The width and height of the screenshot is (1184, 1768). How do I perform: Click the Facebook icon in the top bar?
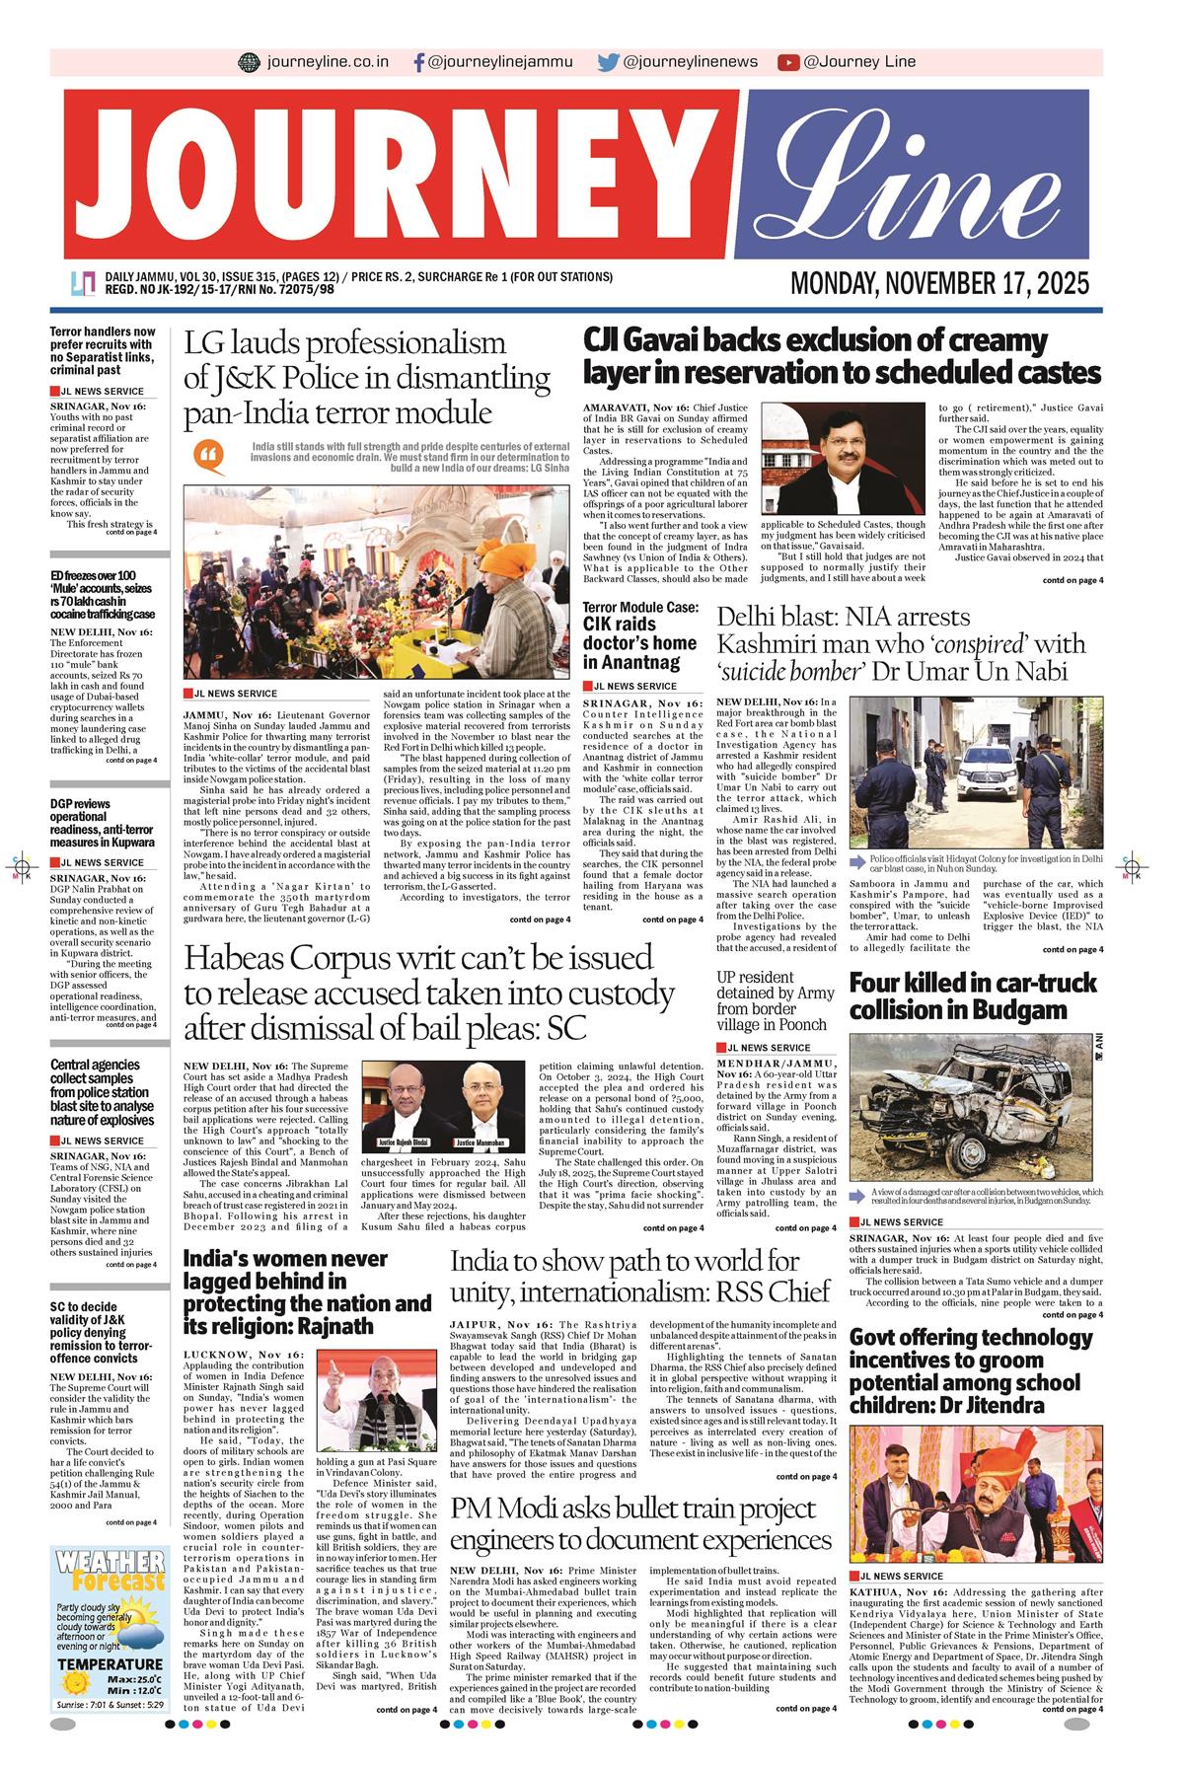coord(418,62)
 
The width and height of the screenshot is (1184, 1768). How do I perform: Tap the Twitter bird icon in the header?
coord(608,62)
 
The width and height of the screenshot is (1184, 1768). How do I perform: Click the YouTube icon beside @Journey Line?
coord(787,62)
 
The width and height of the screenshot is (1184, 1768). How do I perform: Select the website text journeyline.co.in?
coord(328,62)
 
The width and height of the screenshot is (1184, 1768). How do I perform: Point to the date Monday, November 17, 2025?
coord(939,284)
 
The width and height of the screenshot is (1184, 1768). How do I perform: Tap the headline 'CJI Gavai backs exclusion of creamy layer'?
coord(841,356)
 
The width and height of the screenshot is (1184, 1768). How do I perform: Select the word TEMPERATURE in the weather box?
coord(111,1694)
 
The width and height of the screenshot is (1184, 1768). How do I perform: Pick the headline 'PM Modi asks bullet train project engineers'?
coord(633,1523)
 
